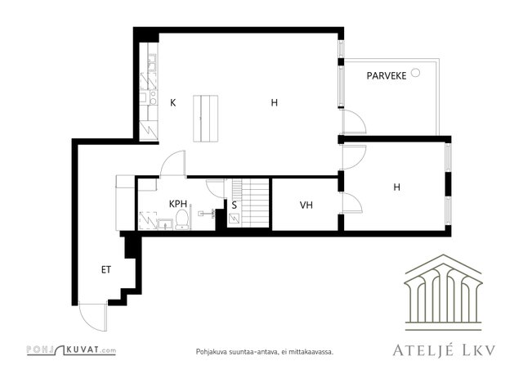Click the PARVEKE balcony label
tap(387, 76)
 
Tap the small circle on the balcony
tap(415, 73)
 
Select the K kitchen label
tap(172, 102)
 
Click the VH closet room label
tap(306, 205)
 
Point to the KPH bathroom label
tap(178, 204)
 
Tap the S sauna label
tap(235, 205)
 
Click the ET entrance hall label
tap(106, 270)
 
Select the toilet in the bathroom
tap(182, 219)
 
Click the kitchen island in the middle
tap(205, 119)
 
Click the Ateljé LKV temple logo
tap(443, 292)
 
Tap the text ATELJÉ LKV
tap(444, 350)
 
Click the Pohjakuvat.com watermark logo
tap(71, 350)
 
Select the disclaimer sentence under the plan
tap(265, 352)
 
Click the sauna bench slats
tap(255, 203)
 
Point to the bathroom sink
tap(165, 224)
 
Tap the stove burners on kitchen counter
tap(153, 97)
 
